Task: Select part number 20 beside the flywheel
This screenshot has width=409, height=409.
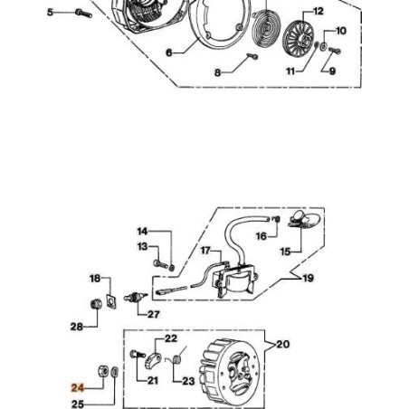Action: click(x=282, y=344)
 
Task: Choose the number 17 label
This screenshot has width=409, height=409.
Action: click(x=205, y=250)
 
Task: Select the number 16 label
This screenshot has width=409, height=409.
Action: click(x=261, y=236)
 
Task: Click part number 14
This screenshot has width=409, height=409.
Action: click(x=142, y=232)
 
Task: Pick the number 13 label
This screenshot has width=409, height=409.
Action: click(x=142, y=246)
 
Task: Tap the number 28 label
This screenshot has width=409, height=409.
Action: click(x=76, y=326)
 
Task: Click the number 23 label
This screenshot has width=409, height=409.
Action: click(x=188, y=381)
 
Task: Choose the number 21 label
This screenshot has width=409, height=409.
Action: click(x=151, y=380)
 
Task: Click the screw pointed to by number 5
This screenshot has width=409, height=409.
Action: click(x=83, y=13)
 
